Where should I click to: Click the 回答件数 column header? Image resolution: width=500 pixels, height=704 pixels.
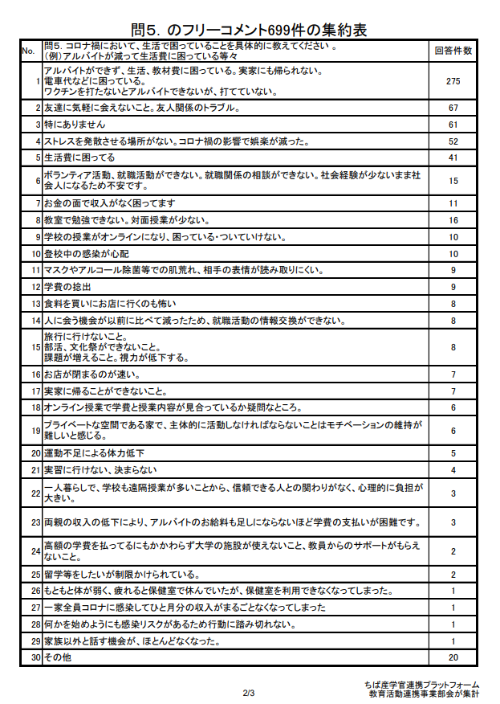(x=453, y=51)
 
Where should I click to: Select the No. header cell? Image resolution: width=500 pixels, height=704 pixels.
(x=28, y=51)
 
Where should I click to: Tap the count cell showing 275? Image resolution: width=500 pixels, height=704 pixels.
(x=453, y=81)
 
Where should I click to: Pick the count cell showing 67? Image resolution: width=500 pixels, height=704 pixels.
(x=453, y=108)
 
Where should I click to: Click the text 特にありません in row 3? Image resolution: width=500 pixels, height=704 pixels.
(x=75, y=125)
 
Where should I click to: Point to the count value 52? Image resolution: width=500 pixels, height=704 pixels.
(x=453, y=141)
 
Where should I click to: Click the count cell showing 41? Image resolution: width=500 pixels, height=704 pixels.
(x=453, y=158)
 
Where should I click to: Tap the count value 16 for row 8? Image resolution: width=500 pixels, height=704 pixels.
(x=453, y=219)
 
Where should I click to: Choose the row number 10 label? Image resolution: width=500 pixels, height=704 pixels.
(x=35, y=253)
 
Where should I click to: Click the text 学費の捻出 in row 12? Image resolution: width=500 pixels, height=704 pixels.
(x=67, y=287)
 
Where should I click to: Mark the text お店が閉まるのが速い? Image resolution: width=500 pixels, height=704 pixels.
(x=92, y=375)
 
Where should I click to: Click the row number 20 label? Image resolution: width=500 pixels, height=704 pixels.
(x=35, y=453)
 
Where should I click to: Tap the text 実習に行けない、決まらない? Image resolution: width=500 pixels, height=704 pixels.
(x=100, y=470)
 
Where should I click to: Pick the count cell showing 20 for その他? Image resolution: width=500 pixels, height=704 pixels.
(x=453, y=657)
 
